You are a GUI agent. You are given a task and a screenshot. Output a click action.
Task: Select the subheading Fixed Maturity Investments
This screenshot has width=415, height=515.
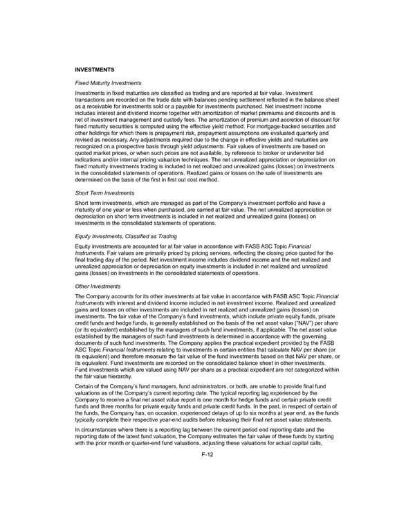108,83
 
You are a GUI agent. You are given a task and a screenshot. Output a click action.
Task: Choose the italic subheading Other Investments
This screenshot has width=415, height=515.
98,285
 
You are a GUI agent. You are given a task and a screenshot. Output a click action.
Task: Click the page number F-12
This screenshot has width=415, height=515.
207,476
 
